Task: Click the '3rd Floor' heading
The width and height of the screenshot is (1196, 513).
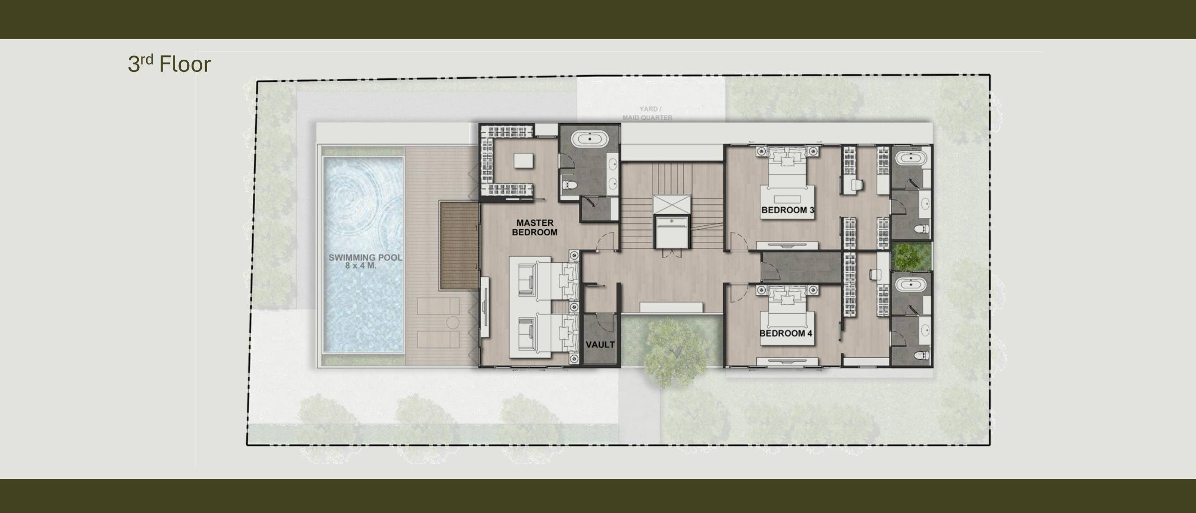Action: [169, 64]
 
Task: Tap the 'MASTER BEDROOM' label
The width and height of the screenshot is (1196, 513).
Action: [535, 228]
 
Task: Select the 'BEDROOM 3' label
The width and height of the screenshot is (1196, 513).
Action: [788, 210]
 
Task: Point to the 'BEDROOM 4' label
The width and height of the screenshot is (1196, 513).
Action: [786, 333]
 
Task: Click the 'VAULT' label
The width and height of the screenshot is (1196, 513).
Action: [600, 345]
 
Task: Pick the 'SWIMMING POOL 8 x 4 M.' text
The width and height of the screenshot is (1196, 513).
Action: [365, 261]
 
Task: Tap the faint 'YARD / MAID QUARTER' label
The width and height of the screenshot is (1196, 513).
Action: [648, 113]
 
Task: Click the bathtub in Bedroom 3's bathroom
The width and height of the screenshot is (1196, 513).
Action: [911, 158]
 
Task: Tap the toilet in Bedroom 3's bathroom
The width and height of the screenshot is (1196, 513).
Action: [923, 229]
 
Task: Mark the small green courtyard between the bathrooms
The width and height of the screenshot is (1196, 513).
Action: [911, 256]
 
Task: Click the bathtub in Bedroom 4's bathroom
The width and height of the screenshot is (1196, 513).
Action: [911, 285]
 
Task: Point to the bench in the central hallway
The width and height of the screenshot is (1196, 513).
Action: [671, 307]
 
